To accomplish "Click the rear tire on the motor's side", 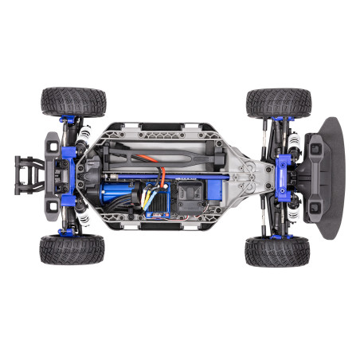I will click(x=72, y=249).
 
